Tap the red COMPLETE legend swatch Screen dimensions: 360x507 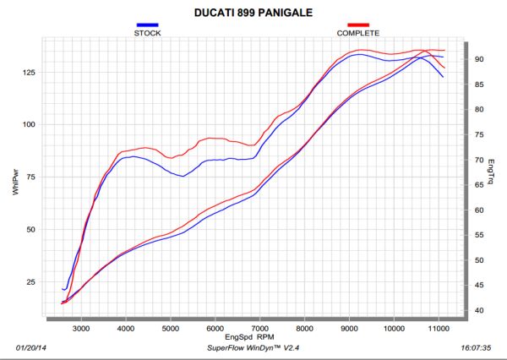pyautogui.click(x=358, y=26)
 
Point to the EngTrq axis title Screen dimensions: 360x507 pyautogui.click(x=491, y=174)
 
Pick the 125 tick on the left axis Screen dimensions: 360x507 pyautogui.click(x=30, y=73)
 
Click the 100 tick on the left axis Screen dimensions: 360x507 pyautogui.click(x=30, y=124)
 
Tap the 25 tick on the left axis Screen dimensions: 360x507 pyautogui.click(x=32, y=281)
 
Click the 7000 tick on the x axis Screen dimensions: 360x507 pyautogui.click(x=259, y=328)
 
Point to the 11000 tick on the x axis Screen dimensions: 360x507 pyautogui.click(x=438, y=328)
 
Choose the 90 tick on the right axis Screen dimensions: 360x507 pyautogui.click(x=478, y=59)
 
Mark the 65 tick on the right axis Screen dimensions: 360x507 pyautogui.click(x=478, y=185)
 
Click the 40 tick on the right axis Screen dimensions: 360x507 pyautogui.click(x=478, y=311)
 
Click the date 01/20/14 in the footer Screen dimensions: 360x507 pyautogui.click(x=33, y=347)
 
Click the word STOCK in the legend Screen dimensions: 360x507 pyautogui.click(x=147, y=34)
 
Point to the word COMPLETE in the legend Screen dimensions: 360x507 pyautogui.click(x=358, y=34)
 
